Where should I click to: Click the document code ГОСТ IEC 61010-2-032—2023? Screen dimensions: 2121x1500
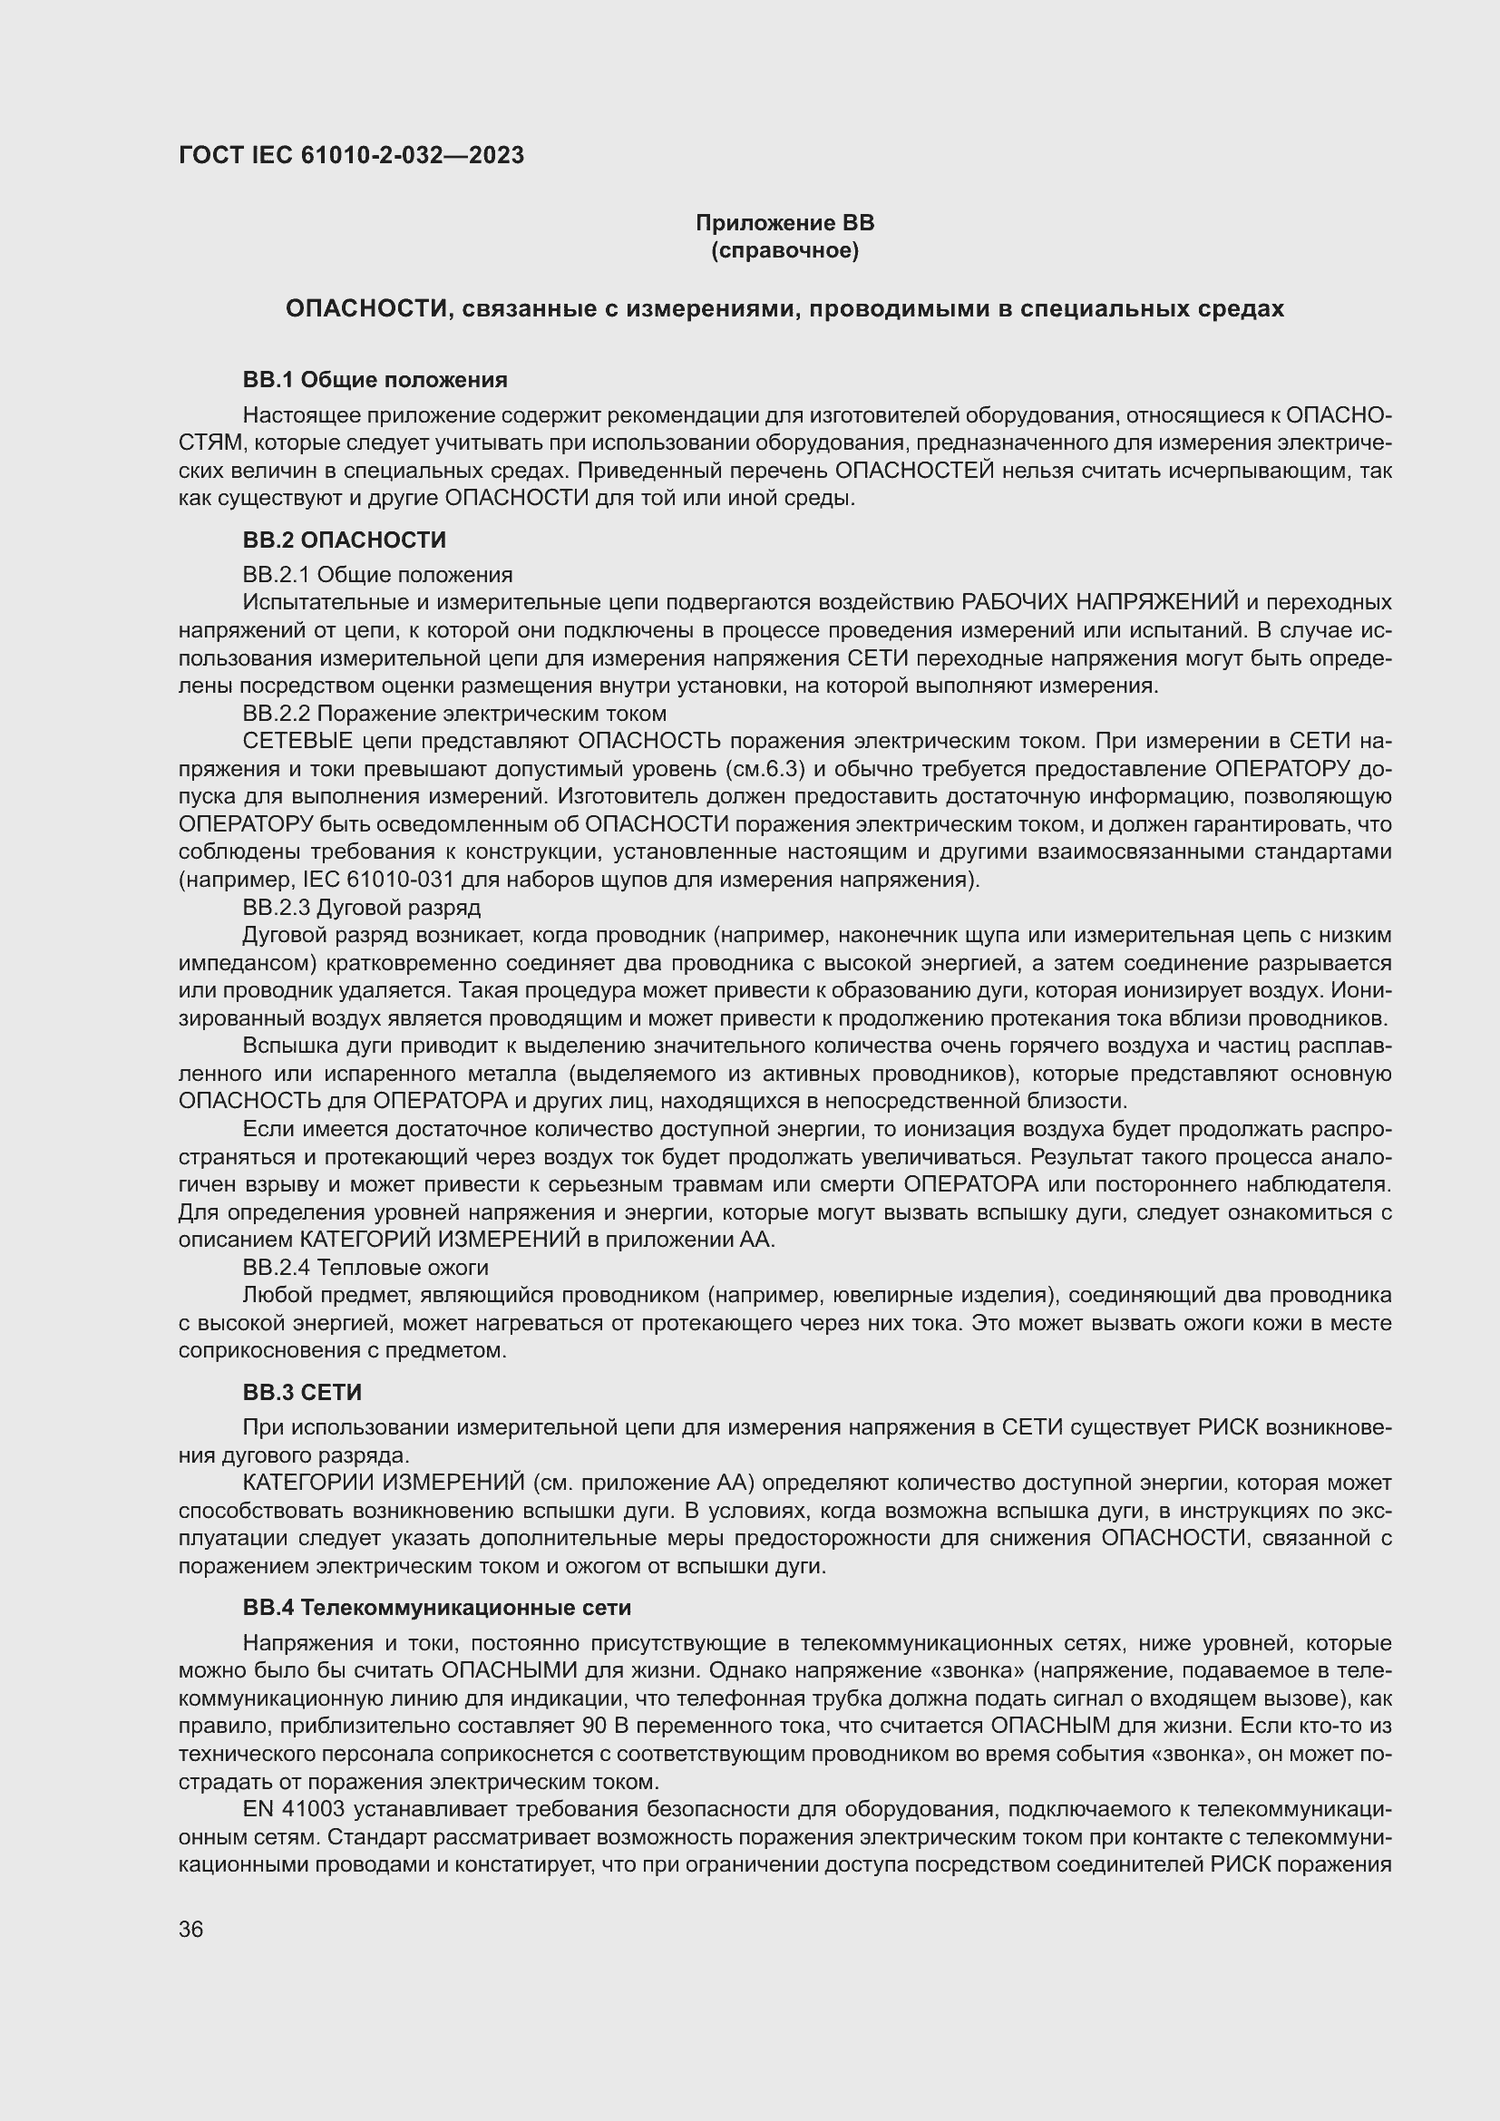click(351, 155)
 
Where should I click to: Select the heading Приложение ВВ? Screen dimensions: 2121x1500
click(784, 223)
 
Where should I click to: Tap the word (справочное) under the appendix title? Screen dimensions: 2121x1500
click(784, 250)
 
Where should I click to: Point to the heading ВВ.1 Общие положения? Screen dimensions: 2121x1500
click(375, 380)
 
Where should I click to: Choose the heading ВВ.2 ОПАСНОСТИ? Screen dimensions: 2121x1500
click(345, 540)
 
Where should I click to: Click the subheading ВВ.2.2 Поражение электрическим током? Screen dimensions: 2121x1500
click(454, 713)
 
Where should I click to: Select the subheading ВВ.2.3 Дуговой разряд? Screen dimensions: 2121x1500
click(361, 907)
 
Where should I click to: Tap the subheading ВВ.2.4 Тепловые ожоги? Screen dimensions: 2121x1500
click(365, 1268)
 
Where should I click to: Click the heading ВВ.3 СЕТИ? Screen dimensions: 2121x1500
click(302, 1392)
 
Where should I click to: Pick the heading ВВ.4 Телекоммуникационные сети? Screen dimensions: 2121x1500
click(437, 1608)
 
